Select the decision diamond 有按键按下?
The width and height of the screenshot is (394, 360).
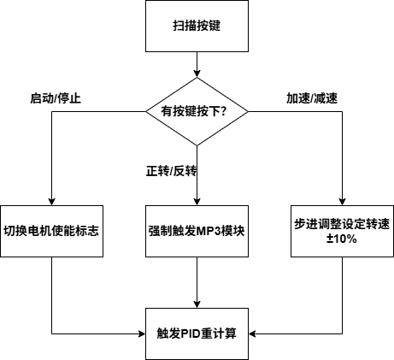[x=197, y=110]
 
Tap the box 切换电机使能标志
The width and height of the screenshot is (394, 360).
[x=52, y=231]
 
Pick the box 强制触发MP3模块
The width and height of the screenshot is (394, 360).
[x=197, y=231]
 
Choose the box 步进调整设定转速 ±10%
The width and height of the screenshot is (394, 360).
[x=341, y=231]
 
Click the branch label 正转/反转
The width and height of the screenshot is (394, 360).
[x=171, y=171]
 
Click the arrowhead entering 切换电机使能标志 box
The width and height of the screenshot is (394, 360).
[x=52, y=201]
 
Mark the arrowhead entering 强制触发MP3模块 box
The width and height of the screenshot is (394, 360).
[x=197, y=201]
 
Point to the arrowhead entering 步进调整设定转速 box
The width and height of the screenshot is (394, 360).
[x=341, y=201]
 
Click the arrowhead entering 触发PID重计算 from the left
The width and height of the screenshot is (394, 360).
[x=141, y=333]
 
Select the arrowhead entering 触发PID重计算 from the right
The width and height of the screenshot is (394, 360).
[x=254, y=333]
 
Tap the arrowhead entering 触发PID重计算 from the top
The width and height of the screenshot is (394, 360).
[x=197, y=303]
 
